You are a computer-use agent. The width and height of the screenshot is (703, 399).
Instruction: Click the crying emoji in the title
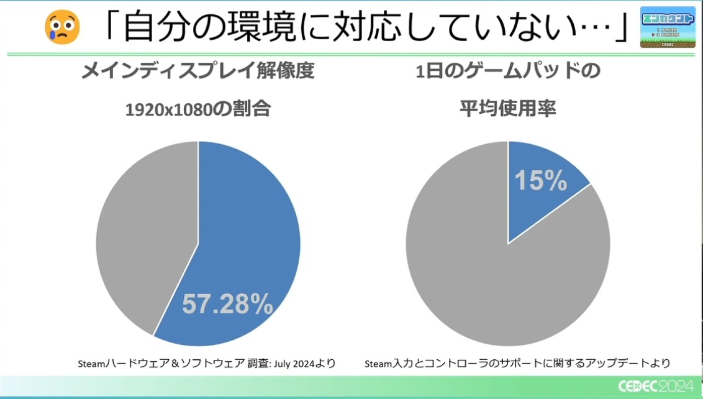62,26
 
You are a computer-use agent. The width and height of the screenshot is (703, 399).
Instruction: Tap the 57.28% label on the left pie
227,305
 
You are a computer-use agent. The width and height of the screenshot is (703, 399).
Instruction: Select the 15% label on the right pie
540,181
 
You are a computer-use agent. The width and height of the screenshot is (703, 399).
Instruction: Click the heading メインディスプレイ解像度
198,70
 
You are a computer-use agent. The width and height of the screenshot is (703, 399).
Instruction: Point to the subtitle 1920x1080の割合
198,110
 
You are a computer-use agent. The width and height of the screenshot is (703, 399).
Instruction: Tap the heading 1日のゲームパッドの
507,70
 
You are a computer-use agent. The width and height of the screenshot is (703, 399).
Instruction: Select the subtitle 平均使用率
507,110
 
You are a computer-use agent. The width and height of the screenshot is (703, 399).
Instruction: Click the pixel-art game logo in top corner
668,26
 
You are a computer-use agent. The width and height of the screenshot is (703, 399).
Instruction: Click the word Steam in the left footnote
93,363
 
